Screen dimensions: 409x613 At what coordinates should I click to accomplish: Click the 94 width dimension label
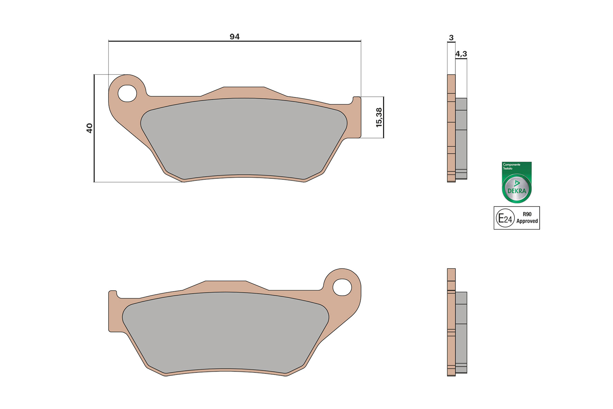[x=234, y=36]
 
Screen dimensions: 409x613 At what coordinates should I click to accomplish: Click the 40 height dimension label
[x=89, y=128]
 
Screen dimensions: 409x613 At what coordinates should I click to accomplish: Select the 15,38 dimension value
[x=379, y=117]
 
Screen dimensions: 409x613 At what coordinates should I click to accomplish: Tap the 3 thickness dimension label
[x=451, y=37]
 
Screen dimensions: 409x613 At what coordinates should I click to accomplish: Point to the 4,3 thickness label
[x=461, y=54]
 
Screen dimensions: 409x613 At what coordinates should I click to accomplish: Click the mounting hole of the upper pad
[x=127, y=93]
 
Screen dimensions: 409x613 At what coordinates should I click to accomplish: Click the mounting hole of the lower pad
[x=342, y=287]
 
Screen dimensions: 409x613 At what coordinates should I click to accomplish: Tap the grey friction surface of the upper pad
[x=244, y=138]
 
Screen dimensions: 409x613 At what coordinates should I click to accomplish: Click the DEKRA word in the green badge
[x=516, y=191]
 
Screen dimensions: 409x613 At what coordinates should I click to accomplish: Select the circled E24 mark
[x=505, y=218]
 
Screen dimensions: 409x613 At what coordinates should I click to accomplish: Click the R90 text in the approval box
[x=527, y=214]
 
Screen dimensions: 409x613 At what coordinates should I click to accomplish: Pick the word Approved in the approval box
[x=527, y=221]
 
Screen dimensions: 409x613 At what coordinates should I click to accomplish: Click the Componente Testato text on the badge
[x=511, y=166]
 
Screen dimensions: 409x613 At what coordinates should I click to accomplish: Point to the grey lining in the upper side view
[x=461, y=138]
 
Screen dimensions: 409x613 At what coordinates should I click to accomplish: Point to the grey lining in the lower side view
[x=461, y=332]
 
